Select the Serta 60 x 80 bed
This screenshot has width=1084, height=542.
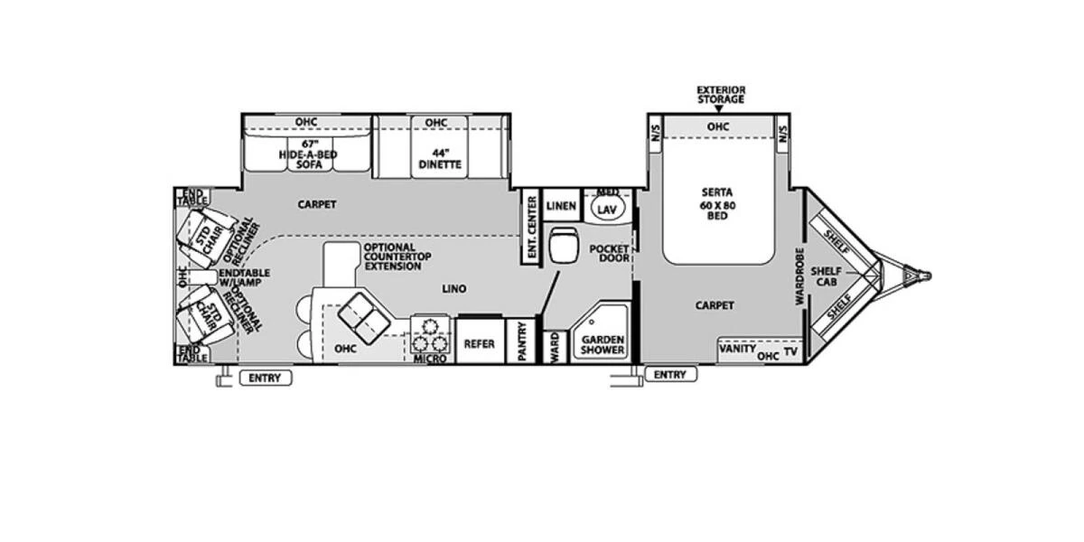pyautogui.click(x=718, y=204)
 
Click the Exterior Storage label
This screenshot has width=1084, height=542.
pyautogui.click(x=720, y=94)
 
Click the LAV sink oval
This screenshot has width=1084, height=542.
pyautogui.click(x=606, y=209)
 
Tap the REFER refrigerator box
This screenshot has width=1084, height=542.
pyautogui.click(x=479, y=344)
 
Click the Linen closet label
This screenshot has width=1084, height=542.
pyautogui.click(x=561, y=206)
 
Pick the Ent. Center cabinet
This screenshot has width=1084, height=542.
pyautogui.click(x=531, y=228)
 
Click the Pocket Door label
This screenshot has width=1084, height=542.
pyautogui.click(x=609, y=253)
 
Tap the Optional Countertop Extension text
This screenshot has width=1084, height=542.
pyautogui.click(x=391, y=257)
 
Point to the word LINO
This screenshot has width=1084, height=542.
pyautogui.click(x=453, y=289)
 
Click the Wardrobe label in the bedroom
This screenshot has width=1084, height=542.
pyautogui.click(x=799, y=276)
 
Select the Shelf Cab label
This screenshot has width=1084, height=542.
pyautogui.click(x=826, y=276)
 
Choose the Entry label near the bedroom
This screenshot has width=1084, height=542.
pyautogui.click(x=670, y=374)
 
